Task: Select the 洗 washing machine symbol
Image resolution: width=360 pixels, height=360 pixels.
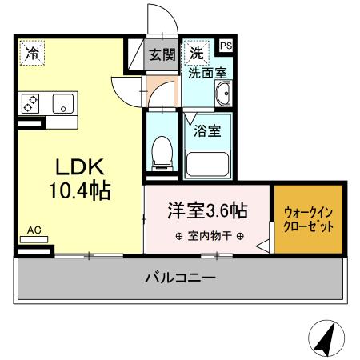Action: [x=195, y=54]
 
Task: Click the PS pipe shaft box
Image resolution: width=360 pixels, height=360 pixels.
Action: [x=226, y=47]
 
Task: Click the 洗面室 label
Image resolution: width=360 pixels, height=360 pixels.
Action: [x=206, y=73]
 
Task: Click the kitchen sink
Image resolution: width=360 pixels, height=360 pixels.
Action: [x=62, y=102]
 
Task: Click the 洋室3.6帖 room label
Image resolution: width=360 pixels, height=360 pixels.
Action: [x=206, y=212]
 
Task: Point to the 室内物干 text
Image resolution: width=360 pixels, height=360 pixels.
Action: [x=206, y=236]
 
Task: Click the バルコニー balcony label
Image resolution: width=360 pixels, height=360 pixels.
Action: [x=179, y=278]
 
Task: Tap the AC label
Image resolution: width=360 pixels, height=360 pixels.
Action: [x=34, y=231]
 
